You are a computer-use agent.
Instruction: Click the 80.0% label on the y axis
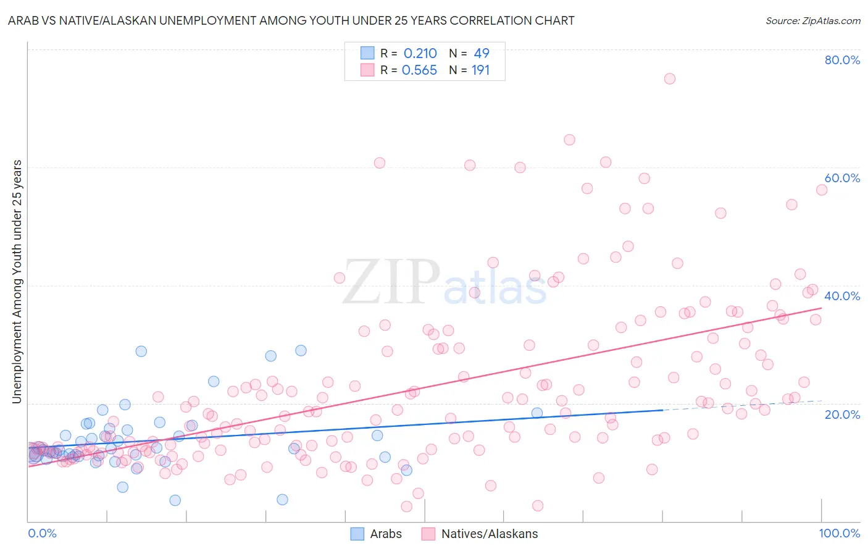842,60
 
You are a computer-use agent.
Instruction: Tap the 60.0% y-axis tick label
842,178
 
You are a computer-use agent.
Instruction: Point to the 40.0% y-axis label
842,296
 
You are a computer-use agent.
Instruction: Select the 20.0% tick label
842,414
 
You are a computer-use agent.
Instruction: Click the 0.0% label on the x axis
42,533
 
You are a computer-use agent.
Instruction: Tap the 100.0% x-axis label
839,533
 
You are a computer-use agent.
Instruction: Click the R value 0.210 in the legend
420,53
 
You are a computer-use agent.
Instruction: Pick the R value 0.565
419,70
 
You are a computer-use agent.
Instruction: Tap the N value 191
480,70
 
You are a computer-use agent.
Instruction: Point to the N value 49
482,53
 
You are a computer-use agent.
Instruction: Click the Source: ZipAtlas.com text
812,20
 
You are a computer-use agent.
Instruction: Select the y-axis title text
17,282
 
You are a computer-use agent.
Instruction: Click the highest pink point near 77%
669,78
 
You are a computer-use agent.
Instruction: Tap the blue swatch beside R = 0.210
367,53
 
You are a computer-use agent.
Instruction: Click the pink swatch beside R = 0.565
367,70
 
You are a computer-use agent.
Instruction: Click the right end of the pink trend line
821,308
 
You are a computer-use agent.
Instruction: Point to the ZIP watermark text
391,282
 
